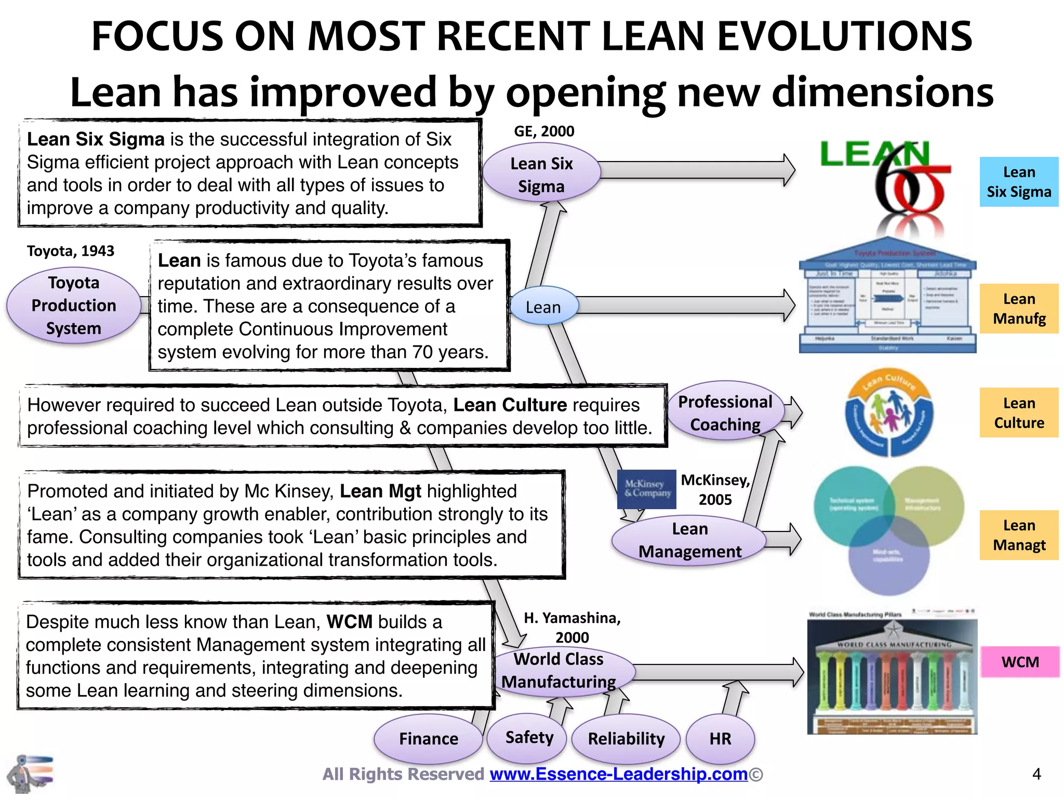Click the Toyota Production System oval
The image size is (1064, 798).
[73, 305]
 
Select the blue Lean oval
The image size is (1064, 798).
[543, 307]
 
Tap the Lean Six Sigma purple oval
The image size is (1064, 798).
[541, 175]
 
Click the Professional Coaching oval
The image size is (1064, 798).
[725, 413]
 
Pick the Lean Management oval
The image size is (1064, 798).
[689, 540]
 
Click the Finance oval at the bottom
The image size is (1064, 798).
[429, 738]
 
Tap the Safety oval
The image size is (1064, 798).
[529, 737]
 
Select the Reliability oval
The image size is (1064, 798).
[626, 738]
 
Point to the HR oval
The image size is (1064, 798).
[720, 738]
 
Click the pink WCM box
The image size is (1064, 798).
[1020, 662]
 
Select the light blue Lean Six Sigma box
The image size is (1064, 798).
[1019, 182]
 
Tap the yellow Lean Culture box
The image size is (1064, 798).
[1019, 413]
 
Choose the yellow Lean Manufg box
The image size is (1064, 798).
[1019, 309]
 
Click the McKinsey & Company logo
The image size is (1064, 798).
[647, 489]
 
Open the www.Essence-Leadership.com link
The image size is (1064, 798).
[619, 774]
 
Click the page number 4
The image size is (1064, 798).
[1036, 774]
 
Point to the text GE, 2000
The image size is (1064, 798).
[544, 131]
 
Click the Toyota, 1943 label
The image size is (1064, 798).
[71, 251]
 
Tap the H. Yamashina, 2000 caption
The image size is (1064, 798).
[572, 627]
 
